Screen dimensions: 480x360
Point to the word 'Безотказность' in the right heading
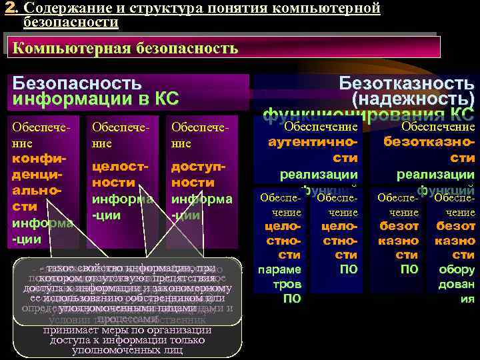[407, 83]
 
